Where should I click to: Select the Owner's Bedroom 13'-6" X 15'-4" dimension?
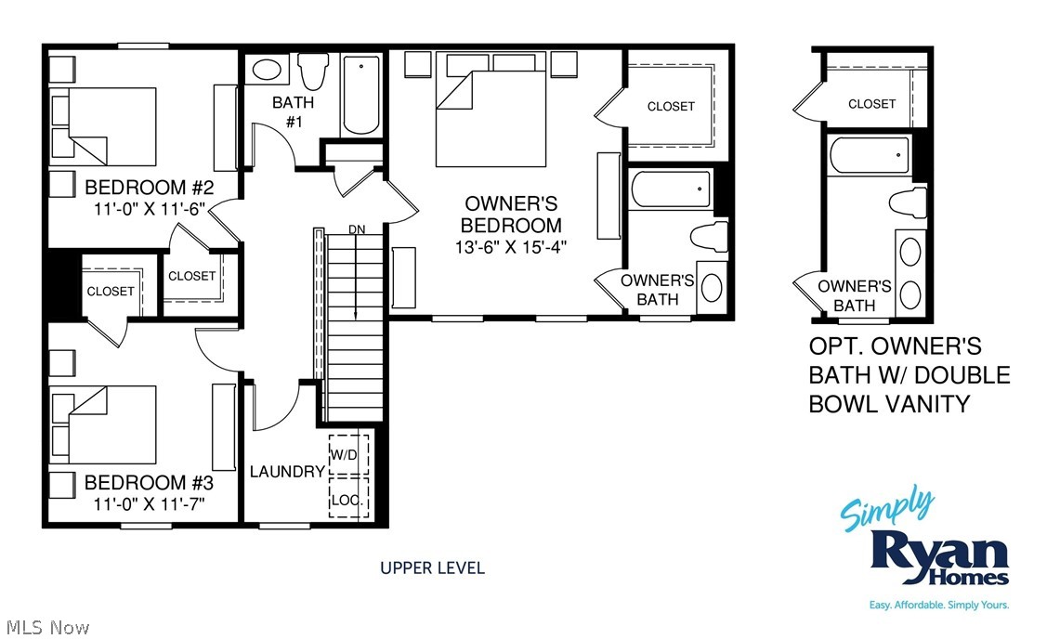512,247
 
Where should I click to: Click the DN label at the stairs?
357,229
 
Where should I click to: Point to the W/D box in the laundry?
348,455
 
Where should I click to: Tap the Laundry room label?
287,472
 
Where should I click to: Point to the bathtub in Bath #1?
360,94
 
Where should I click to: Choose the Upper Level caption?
432,567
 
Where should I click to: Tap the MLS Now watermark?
46,628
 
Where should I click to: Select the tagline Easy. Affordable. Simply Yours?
938,606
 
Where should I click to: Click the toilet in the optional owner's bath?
907,202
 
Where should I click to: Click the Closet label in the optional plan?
871,104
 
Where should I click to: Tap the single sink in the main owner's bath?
712,287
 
